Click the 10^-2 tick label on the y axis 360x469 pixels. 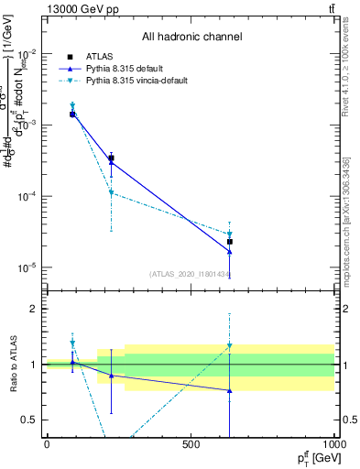coord(27,54)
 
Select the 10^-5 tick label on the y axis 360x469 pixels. coord(27,267)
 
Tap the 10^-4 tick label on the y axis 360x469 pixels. coord(27,196)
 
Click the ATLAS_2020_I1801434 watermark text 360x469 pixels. coord(190,274)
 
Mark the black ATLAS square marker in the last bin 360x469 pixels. coord(229,242)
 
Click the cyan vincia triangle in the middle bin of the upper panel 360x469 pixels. coord(111,193)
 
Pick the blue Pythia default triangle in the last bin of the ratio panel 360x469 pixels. coord(229,390)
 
